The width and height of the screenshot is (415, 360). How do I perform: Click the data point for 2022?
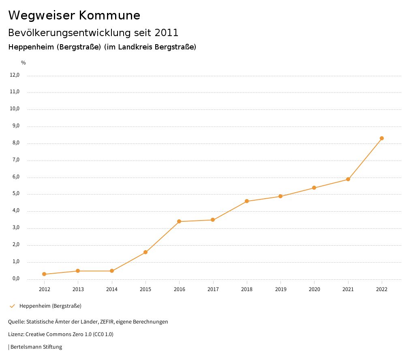point(382,138)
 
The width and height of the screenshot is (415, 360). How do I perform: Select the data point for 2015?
point(145,252)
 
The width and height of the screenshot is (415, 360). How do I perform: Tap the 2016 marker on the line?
point(179,221)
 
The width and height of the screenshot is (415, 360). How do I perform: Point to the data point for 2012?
point(44,274)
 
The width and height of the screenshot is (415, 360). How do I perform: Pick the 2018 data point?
point(247,201)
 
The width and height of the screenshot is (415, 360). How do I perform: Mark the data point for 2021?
point(348,179)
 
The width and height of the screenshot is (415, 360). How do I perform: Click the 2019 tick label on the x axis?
point(280,289)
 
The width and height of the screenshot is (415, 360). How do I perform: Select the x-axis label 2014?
point(112,289)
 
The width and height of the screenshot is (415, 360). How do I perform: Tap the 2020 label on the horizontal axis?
point(314,289)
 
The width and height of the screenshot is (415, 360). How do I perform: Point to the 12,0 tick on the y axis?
point(15,75)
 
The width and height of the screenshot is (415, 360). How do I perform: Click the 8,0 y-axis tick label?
point(16,143)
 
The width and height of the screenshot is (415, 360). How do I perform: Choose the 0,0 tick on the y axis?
point(16,279)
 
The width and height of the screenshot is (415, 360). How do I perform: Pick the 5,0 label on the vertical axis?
point(16,194)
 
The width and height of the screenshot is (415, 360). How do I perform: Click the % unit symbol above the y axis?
point(24,63)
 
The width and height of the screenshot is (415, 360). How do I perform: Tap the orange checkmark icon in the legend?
point(12,306)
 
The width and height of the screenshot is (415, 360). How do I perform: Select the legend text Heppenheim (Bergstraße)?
point(50,306)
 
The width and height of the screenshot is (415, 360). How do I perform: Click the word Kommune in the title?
point(109,15)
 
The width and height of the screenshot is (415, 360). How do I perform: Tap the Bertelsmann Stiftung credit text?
point(36,347)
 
